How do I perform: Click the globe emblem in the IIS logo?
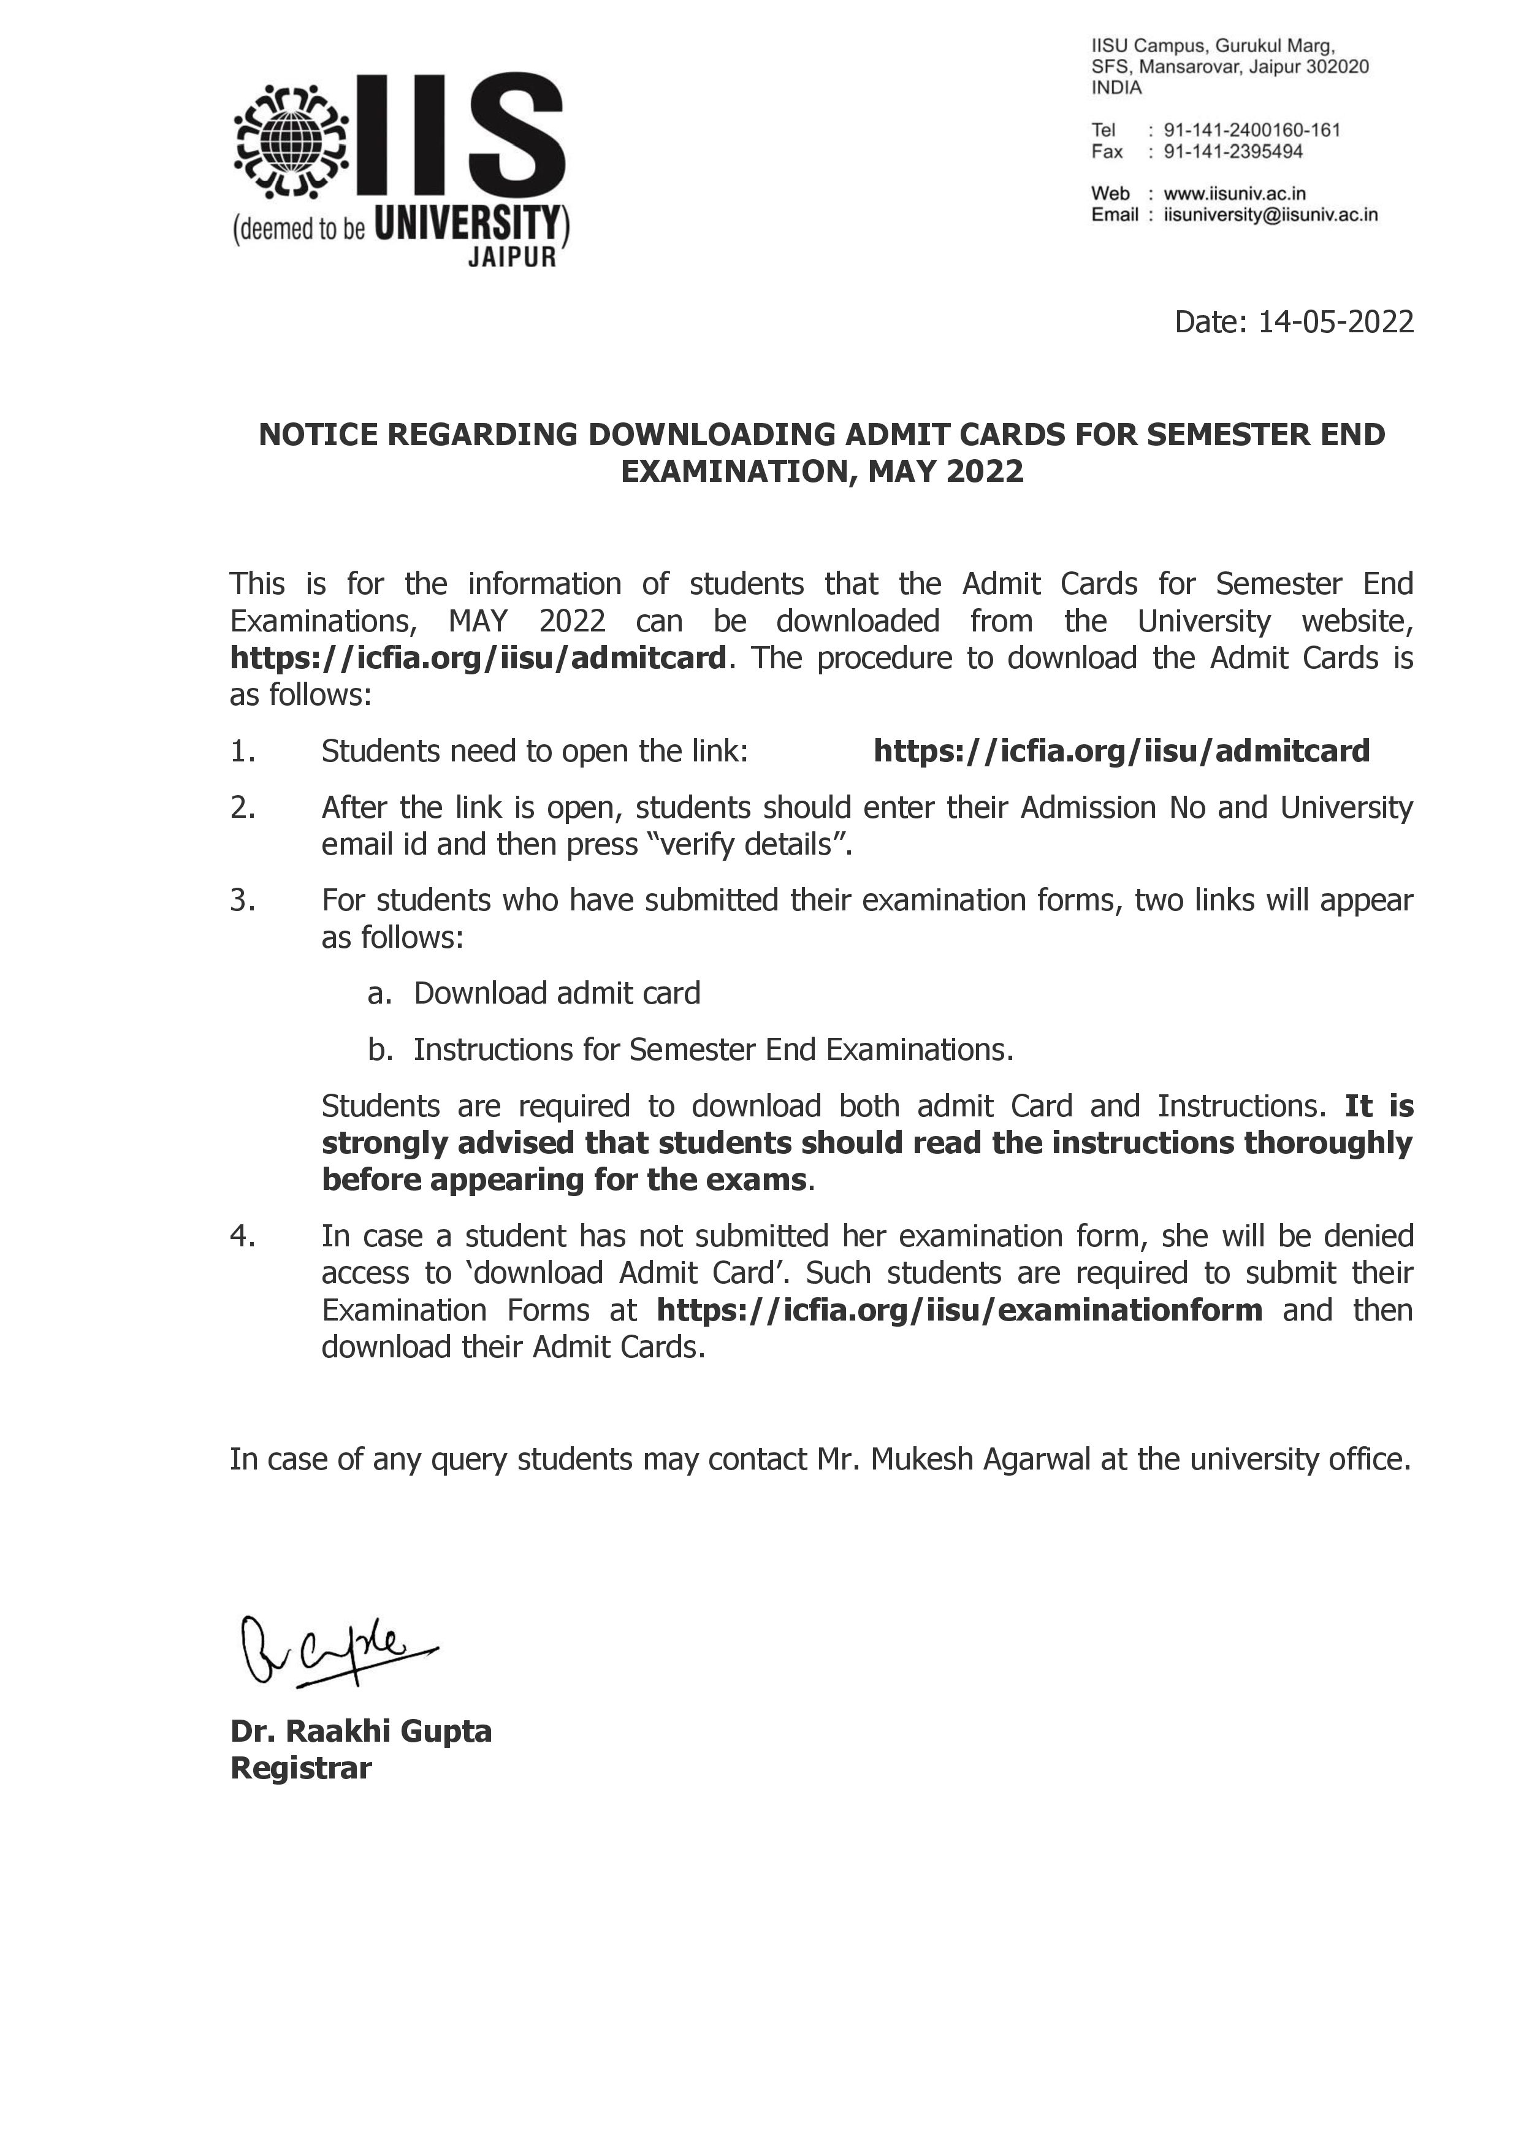(291, 142)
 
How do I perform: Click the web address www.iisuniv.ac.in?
(1235, 194)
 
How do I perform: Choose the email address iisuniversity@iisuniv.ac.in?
(1270, 215)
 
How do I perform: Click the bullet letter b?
(379, 1050)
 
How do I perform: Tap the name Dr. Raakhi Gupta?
(360, 1731)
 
